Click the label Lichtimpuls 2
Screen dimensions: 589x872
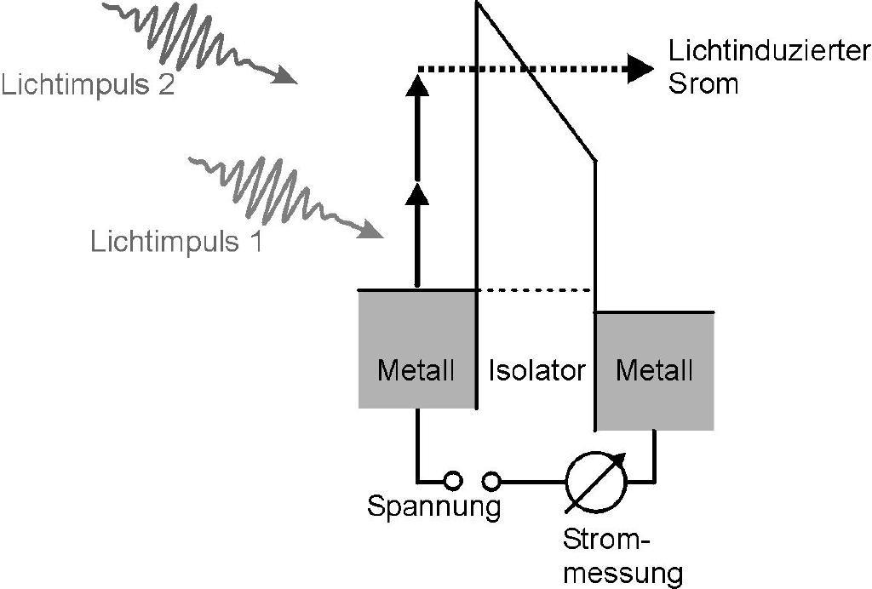88,86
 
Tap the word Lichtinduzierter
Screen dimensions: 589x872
769,53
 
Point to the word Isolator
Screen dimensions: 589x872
537,370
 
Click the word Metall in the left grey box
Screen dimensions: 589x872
416,370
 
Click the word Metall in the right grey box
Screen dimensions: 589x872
654,370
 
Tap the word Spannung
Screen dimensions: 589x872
433,507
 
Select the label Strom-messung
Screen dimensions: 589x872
622,557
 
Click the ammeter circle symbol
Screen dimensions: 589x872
597,482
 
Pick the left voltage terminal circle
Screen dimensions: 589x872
454,481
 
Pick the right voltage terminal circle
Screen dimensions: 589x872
491,481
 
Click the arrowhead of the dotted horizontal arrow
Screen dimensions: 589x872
640,68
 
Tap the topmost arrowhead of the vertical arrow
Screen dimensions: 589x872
416,84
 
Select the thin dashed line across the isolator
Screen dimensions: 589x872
535,290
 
